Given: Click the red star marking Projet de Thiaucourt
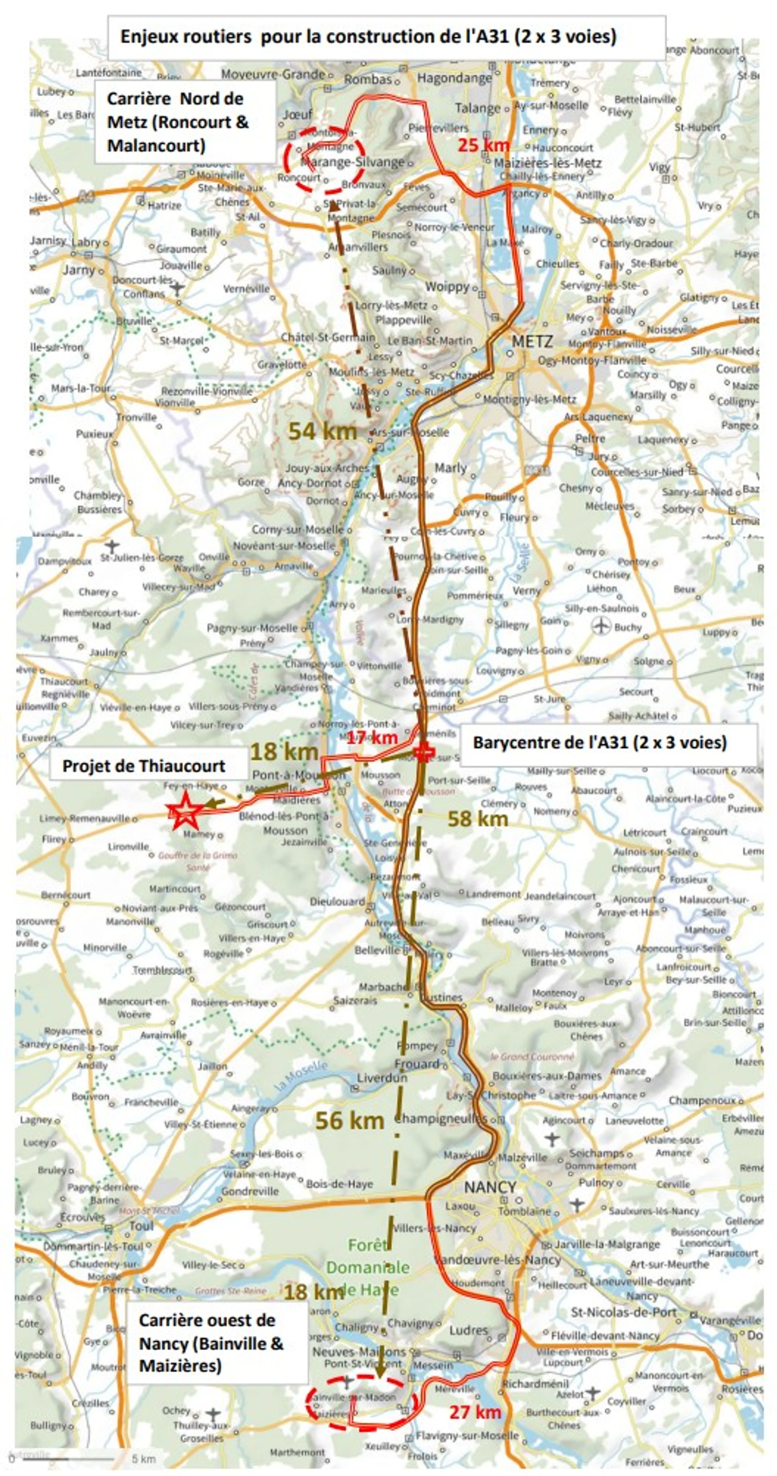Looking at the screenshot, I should (185, 811).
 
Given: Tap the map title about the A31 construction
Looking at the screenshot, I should (368, 37).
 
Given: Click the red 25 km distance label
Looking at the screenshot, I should (483, 145).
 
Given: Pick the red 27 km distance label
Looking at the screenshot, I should (475, 1412).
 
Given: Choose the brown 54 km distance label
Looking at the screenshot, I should (322, 431).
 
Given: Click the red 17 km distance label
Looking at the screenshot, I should (372, 737).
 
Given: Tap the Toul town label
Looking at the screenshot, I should (141, 1226).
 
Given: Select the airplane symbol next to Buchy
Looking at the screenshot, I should (602, 626).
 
